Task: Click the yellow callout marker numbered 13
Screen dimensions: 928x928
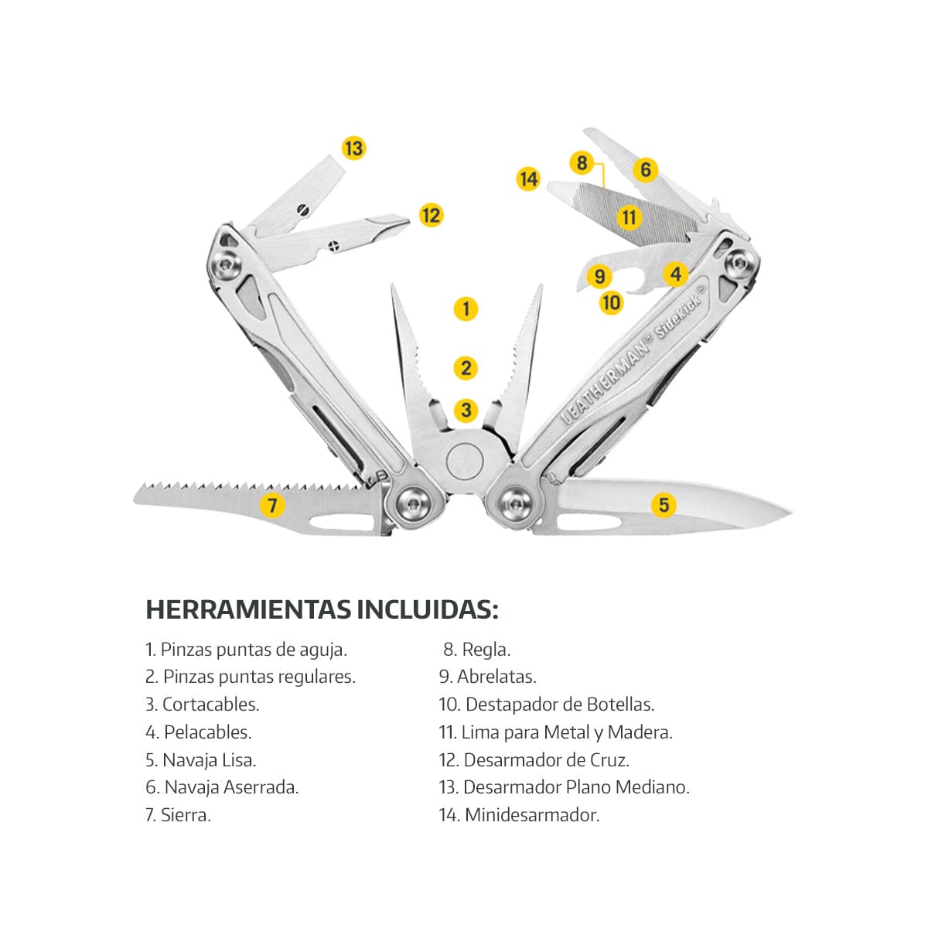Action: click(353, 148)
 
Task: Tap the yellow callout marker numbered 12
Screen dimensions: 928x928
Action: click(431, 215)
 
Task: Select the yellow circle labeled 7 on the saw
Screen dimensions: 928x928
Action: click(272, 506)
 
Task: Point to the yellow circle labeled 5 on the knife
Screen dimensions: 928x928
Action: click(664, 505)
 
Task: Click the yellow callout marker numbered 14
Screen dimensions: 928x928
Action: click(528, 179)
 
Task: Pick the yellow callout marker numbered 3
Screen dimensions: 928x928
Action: click(466, 410)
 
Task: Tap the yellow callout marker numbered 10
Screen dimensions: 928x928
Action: click(611, 302)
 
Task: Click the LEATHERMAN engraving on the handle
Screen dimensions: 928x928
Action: click(607, 379)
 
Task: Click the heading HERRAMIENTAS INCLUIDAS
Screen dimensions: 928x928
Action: click(322, 609)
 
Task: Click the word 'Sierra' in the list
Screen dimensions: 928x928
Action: click(185, 814)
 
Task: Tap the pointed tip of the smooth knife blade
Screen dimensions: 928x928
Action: click(790, 511)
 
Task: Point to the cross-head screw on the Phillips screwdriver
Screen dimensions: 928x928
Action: click(333, 246)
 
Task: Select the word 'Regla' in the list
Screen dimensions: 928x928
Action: click(485, 650)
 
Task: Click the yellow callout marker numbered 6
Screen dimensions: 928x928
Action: click(645, 169)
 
